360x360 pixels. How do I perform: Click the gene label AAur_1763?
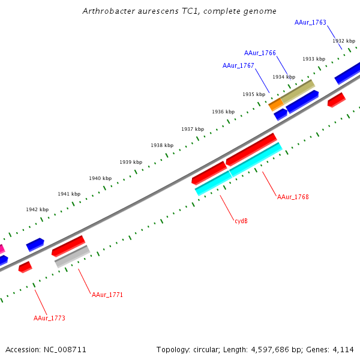point(310,22)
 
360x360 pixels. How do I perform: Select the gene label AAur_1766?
point(260,53)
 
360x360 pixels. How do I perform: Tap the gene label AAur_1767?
point(238,65)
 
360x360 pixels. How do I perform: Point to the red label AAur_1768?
point(293,197)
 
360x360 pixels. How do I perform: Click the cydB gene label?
point(241,221)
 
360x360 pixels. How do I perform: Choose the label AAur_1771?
point(107,295)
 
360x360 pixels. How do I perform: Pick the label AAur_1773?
point(49,318)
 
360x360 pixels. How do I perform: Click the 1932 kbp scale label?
point(344,41)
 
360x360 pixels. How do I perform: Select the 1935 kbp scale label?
point(254,94)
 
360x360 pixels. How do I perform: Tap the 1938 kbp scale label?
point(162,145)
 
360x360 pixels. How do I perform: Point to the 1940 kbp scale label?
point(100,178)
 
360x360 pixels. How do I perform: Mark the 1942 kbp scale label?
point(37,209)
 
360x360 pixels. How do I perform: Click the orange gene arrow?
point(276,104)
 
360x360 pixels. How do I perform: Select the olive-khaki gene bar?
point(298,91)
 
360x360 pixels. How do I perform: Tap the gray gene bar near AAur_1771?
point(72,256)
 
